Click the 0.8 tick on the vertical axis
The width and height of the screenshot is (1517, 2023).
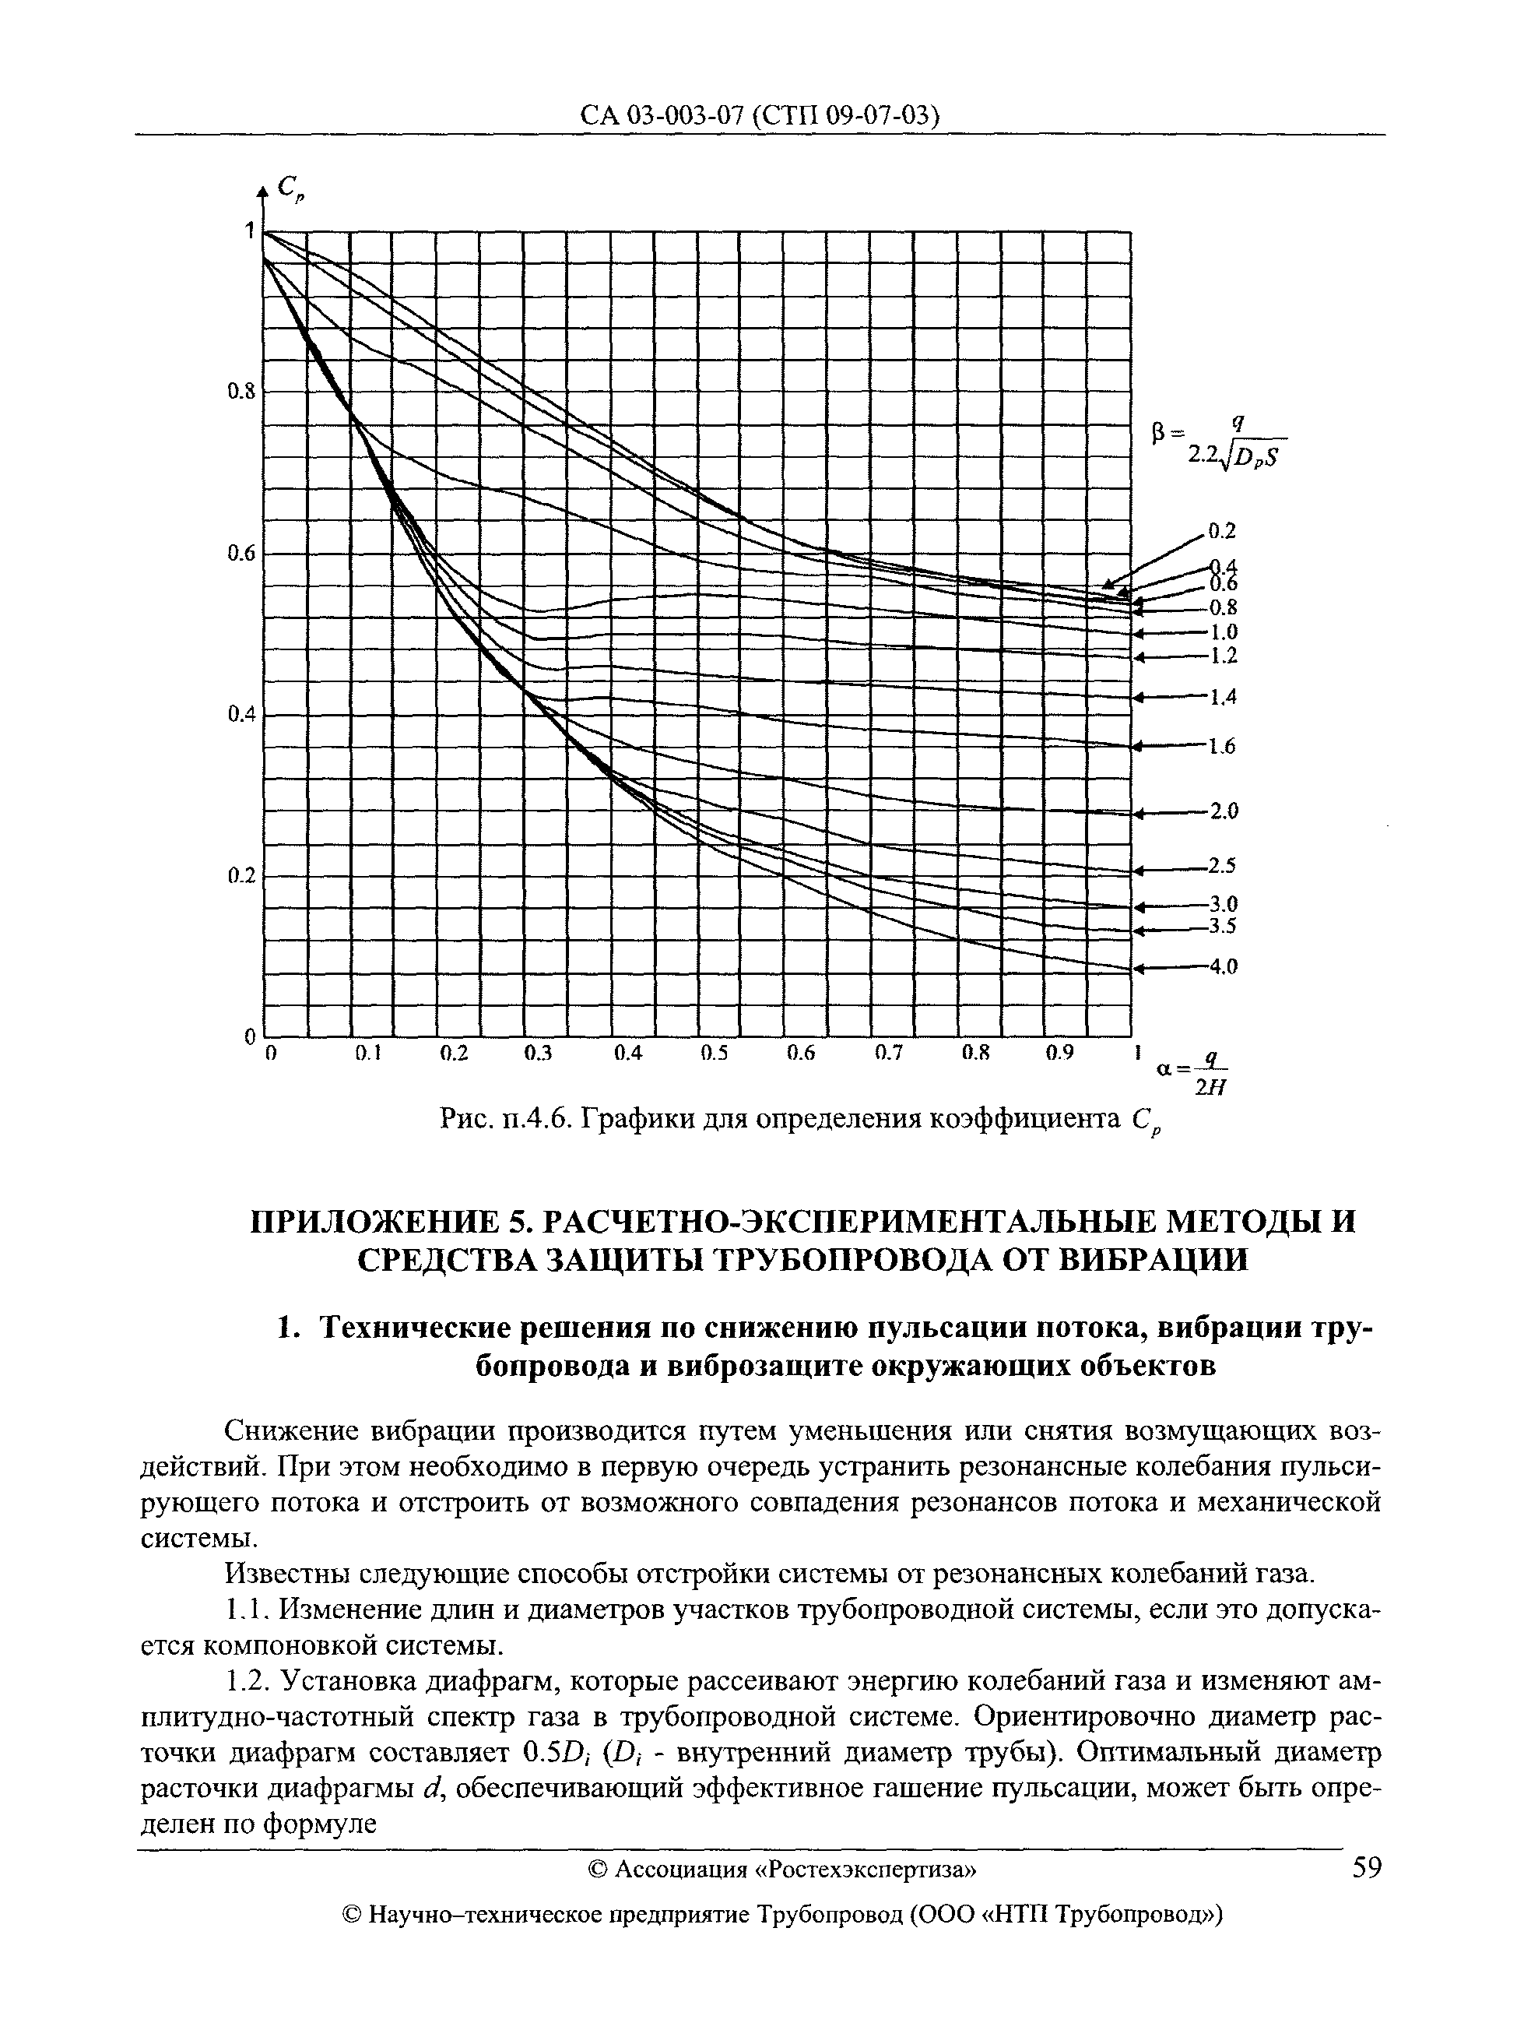[x=240, y=392]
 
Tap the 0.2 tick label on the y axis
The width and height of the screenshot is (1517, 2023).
[x=240, y=876]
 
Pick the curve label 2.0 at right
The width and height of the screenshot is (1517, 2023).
[x=1224, y=811]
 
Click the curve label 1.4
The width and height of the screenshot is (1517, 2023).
[x=1224, y=698]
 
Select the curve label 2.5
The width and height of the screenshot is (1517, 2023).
[x=1224, y=865]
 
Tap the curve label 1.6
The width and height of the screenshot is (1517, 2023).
[x=1223, y=748]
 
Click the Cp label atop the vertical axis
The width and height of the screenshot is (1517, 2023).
[x=291, y=188]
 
